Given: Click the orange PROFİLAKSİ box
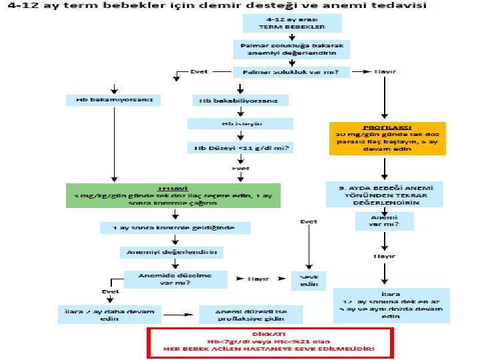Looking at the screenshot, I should pyautogui.click(x=386, y=138).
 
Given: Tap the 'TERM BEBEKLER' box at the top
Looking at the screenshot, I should pyautogui.click(x=291, y=23).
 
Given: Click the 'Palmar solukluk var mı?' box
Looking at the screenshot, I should pyautogui.click(x=291, y=72).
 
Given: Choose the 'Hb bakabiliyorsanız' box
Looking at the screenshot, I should pyautogui.click(x=240, y=101).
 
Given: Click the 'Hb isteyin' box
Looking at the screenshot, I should pyautogui.click(x=240, y=124).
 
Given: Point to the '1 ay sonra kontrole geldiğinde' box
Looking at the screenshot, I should pyautogui.click(x=176, y=227).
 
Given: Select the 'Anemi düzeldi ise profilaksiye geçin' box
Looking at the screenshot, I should pyautogui.click(x=251, y=315).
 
